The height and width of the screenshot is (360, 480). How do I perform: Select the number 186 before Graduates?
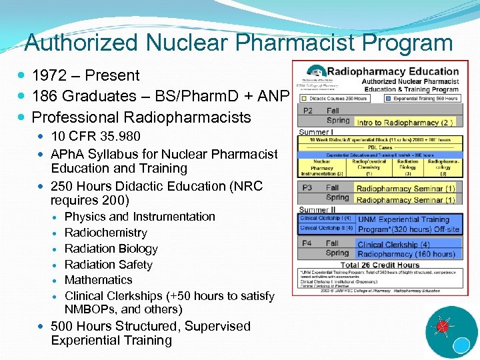pyautogui.click(x=45, y=97)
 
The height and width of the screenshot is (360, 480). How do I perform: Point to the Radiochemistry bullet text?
pyautogui.click(x=105, y=233)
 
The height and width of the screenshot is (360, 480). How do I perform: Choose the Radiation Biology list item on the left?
pyautogui.click(x=111, y=249)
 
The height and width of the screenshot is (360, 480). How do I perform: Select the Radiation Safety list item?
pyautogui.click(x=108, y=265)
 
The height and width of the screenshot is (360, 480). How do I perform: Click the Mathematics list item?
pyautogui.click(x=98, y=280)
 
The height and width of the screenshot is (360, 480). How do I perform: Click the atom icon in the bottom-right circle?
pyautogui.click(x=441, y=327)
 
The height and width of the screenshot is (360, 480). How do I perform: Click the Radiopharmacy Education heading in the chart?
pyautogui.click(x=393, y=71)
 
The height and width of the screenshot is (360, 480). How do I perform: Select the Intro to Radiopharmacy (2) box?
pyautogui.click(x=405, y=122)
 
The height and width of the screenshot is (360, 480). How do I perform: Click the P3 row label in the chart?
pyautogui.click(x=308, y=188)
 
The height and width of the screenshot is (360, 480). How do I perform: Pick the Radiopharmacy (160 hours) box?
pyautogui.click(x=407, y=254)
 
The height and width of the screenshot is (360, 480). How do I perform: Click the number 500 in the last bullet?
pyautogui.click(x=64, y=327)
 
